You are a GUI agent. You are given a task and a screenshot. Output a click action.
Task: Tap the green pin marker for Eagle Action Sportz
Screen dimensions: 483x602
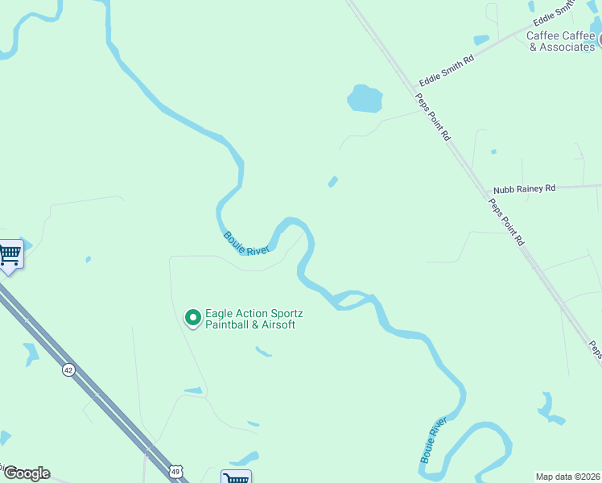[192, 319]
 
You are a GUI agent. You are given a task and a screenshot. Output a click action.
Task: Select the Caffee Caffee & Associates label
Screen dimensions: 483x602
[561, 41]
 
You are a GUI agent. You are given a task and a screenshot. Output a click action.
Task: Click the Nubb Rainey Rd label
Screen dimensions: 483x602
[525, 188]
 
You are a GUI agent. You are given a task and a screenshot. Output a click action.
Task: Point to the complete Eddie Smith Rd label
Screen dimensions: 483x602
[447, 70]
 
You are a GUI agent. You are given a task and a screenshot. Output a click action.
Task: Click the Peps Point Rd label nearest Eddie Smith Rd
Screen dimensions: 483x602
[433, 118]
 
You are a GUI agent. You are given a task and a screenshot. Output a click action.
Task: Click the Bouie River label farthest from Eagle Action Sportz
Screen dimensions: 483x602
[433, 440]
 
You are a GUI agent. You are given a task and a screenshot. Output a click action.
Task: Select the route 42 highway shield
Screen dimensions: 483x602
[69, 370]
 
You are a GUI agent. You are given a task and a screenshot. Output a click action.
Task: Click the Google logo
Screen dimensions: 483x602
[27, 473]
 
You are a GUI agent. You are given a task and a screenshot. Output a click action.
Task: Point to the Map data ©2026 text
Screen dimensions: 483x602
[567, 477]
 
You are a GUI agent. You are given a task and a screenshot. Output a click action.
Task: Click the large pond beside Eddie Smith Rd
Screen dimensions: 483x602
[365, 98]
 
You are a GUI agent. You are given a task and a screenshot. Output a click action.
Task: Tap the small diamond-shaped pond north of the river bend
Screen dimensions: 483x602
[332, 182]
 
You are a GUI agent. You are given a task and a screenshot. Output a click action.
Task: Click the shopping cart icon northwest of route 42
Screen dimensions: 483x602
[10, 256]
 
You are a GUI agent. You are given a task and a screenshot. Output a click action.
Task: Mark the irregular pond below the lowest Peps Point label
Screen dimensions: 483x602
[550, 409]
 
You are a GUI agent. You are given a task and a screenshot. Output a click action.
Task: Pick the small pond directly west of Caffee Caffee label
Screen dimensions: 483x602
[481, 39]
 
